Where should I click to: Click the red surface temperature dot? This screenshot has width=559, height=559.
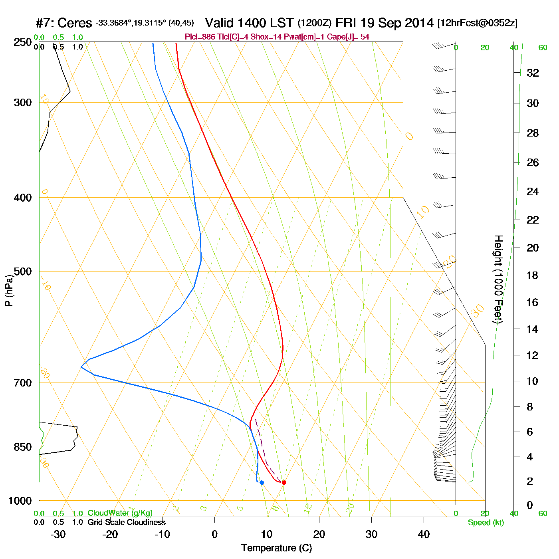point(284,482)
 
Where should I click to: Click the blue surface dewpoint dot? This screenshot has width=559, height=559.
point(262,482)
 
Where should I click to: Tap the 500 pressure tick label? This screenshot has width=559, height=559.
point(23,272)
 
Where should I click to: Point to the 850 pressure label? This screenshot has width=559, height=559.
point(23,447)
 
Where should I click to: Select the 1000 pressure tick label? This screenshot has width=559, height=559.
point(20,501)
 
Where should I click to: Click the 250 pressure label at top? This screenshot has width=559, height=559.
point(23,42)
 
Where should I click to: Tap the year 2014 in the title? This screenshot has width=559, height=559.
point(419,23)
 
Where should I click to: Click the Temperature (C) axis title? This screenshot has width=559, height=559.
point(276,548)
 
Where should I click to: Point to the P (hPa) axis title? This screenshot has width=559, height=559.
point(9,291)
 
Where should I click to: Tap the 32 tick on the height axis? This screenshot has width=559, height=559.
point(533,73)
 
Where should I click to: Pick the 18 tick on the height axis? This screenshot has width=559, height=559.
point(533,275)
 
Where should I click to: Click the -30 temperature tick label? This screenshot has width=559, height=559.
point(58,534)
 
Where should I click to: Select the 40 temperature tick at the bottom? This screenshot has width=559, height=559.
point(424,534)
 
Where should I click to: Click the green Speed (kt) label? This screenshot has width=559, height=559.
point(486,523)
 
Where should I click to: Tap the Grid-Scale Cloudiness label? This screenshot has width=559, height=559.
point(127,522)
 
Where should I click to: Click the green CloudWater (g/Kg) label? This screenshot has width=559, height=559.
point(120,513)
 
